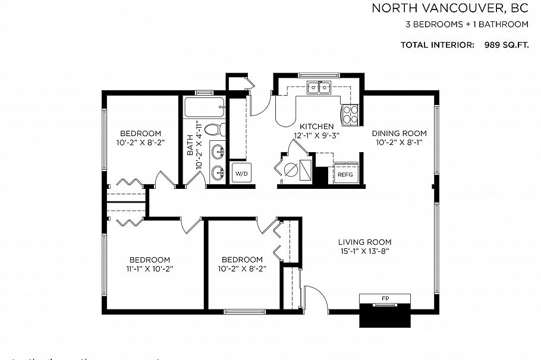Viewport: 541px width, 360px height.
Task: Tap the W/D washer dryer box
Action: point(241,174)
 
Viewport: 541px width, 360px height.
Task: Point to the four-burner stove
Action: point(350,113)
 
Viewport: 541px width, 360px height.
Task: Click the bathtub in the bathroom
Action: point(204,108)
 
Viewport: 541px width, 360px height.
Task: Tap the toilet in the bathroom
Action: point(216,129)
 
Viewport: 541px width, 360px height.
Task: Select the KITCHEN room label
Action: point(316,127)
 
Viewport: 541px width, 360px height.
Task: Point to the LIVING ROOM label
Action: point(364,242)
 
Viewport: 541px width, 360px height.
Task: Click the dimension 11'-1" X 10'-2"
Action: point(150,269)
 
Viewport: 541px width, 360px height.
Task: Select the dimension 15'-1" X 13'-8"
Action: point(364,251)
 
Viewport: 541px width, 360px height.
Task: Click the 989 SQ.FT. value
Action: point(502,45)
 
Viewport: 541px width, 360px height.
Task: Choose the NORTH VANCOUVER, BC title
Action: point(450,8)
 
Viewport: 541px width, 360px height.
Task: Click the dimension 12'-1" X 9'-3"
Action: point(316,135)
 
